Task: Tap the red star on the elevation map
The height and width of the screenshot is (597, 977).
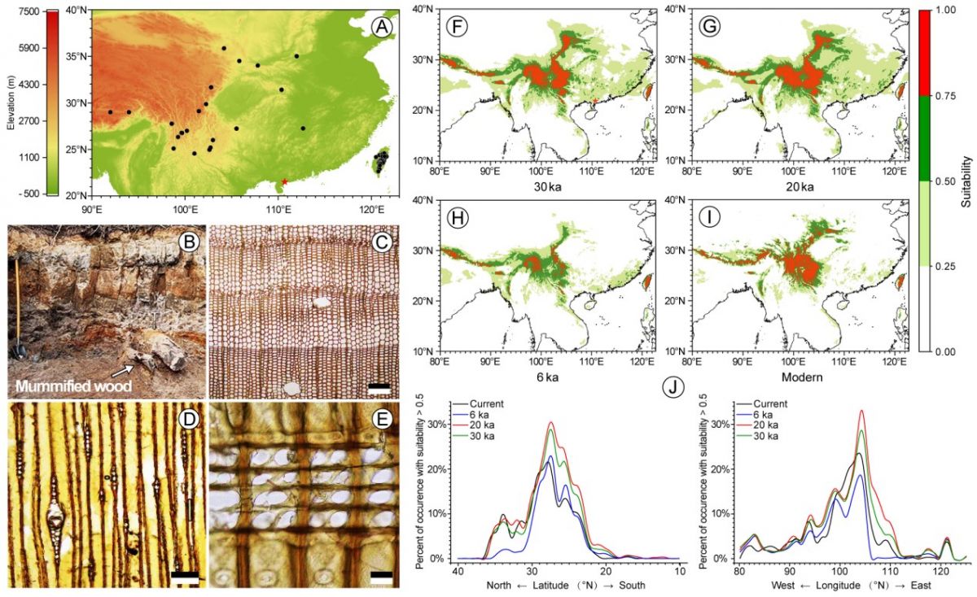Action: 284,181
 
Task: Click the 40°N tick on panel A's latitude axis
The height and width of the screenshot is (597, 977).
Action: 77,11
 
